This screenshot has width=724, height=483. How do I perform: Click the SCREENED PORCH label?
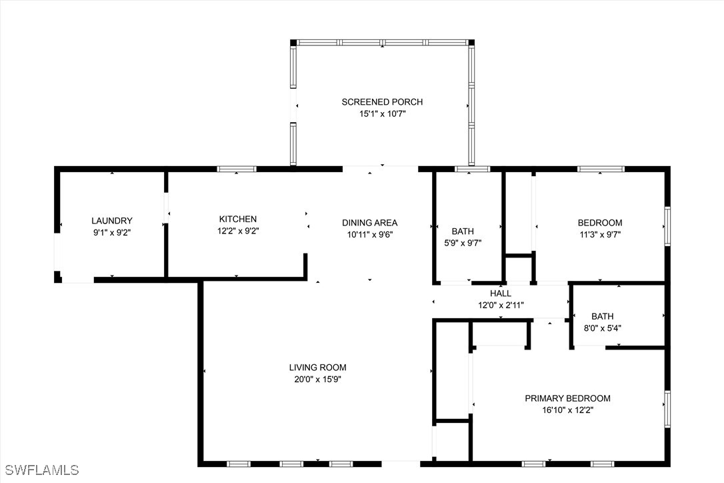click(382, 101)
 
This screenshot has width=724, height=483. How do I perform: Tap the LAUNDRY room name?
click(112, 221)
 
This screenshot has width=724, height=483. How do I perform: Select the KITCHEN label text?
click(238, 219)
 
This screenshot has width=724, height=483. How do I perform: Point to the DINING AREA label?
click(369, 223)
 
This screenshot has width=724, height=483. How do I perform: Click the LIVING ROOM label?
click(318, 368)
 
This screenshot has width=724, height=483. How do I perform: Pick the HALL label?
click(501, 294)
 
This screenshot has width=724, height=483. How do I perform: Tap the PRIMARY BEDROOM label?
click(567, 398)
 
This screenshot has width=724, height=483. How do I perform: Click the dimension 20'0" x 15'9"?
click(318, 380)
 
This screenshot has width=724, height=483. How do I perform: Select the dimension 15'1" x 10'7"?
click(382, 113)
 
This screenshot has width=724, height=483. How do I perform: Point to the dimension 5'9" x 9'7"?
click(463, 243)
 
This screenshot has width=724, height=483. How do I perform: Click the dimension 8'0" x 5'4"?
click(603, 328)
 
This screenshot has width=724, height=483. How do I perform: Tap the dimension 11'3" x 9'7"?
click(600, 234)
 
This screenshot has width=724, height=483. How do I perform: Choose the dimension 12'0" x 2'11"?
click(501, 306)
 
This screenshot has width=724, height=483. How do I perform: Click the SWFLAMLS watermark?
click(41, 470)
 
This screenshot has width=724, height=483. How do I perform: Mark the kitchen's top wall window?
click(237, 169)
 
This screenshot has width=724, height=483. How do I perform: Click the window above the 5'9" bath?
click(473, 169)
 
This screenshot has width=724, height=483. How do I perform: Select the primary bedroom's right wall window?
click(667, 409)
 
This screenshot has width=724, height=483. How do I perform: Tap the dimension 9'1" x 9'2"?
click(112, 233)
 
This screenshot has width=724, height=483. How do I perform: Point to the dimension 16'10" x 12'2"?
click(567, 410)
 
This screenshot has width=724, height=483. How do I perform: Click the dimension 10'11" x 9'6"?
click(369, 235)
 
